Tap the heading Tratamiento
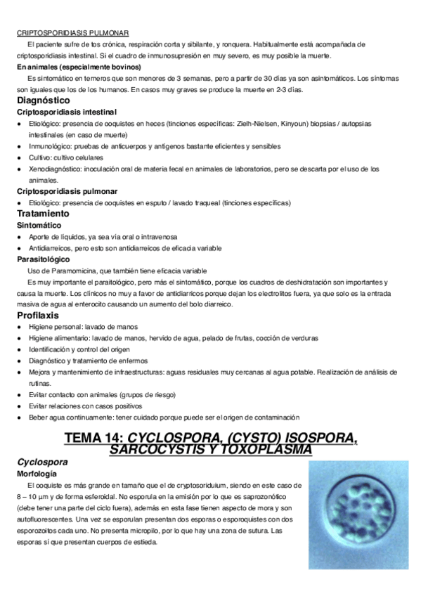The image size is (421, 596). tap(44, 213)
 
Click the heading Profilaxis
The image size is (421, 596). tap(38, 316)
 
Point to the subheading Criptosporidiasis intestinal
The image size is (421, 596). tap(67, 112)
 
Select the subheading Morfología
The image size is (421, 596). tap(37, 474)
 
